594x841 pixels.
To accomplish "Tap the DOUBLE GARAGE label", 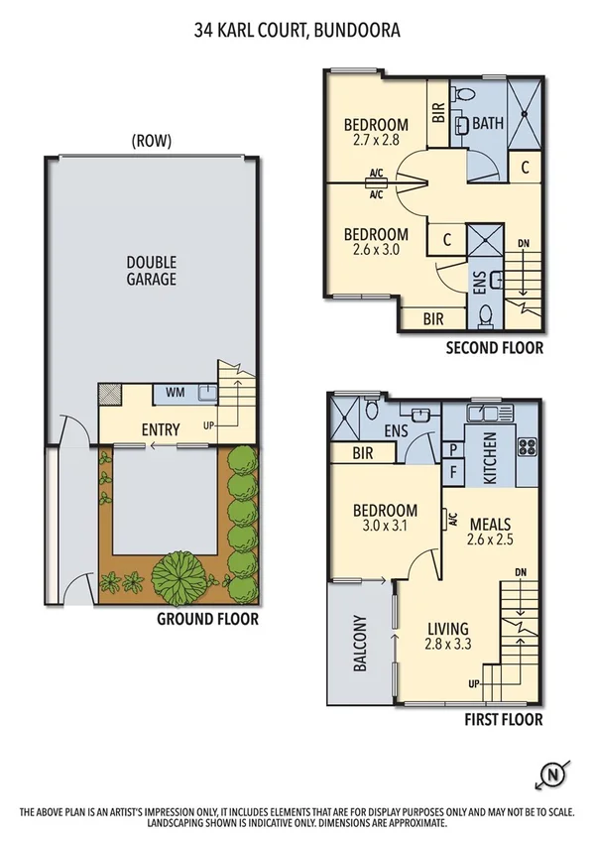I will pos(151,270).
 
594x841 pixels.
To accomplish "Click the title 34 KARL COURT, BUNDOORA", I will pos(297,31).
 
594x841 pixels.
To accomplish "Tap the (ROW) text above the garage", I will pos(151,141).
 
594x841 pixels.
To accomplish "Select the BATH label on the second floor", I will pos(487,125).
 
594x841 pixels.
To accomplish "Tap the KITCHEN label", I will pos(489,457).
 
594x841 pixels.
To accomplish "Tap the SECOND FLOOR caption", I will pos(494,347).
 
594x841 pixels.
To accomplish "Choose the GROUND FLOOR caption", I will pos(207,619).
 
